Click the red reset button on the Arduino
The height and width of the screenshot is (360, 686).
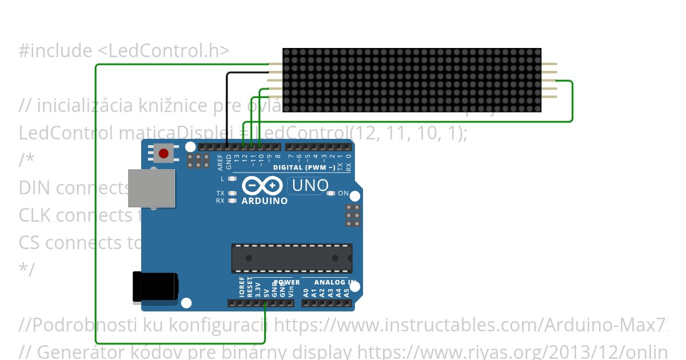[x=164, y=153]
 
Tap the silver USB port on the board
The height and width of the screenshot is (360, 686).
[x=151, y=188]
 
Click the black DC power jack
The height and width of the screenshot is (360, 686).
[x=155, y=286]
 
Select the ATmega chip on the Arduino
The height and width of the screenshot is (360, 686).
[x=292, y=258]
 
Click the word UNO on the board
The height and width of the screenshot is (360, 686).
[x=310, y=185]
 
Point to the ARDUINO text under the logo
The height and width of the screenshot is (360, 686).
[x=264, y=201]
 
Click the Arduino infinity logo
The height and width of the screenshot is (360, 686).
[x=262, y=186]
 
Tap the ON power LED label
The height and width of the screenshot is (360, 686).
[x=343, y=193]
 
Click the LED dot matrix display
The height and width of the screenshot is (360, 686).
[x=412, y=80]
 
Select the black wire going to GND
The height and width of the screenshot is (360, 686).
[x=228, y=109]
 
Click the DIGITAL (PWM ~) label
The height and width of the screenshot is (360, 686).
[x=304, y=167]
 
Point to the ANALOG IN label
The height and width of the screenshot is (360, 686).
[x=335, y=282]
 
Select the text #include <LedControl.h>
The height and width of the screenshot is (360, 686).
[x=123, y=51]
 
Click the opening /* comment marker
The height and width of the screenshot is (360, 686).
[x=26, y=160]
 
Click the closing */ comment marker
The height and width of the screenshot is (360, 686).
[x=26, y=269]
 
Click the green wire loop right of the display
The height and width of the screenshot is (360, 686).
[x=572, y=102]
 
